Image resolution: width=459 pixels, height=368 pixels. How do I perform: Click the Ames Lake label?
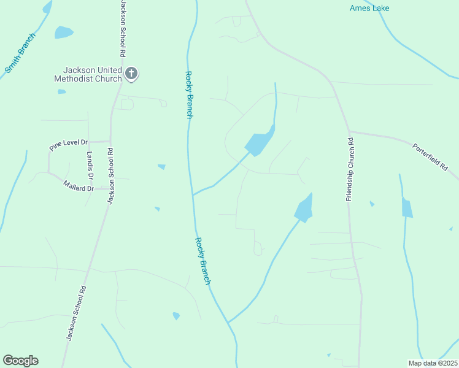point(369,8)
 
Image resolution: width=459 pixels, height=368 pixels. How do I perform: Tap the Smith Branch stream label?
point(20,53)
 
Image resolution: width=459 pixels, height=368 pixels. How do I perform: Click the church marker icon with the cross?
point(131,74)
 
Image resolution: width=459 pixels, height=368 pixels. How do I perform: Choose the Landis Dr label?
point(90,166)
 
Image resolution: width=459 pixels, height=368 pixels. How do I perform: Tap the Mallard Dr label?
point(79,185)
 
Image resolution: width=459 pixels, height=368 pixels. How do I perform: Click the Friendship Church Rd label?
point(350,169)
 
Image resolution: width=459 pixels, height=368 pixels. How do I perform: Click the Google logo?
point(20,361)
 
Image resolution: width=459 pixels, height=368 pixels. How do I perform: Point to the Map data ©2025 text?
point(432,363)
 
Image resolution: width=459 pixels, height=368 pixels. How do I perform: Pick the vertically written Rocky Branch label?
point(189,94)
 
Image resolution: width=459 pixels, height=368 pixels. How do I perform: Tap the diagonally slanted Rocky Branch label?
point(203,261)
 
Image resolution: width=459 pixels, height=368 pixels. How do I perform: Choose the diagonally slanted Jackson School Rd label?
point(75,313)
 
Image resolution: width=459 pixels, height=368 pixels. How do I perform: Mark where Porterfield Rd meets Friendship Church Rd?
point(349,131)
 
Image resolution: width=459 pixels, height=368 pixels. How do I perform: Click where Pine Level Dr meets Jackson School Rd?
point(110,142)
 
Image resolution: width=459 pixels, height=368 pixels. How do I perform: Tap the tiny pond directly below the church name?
point(61,92)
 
